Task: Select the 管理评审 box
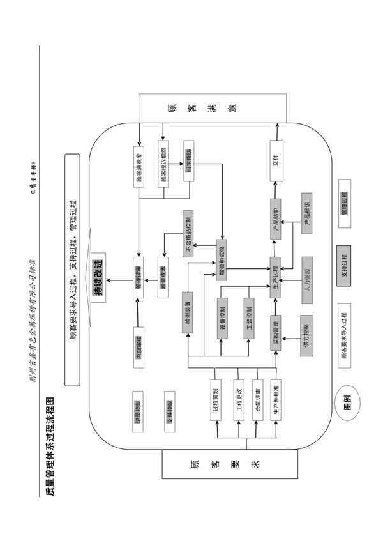pyautogui.click(x=139, y=277)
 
